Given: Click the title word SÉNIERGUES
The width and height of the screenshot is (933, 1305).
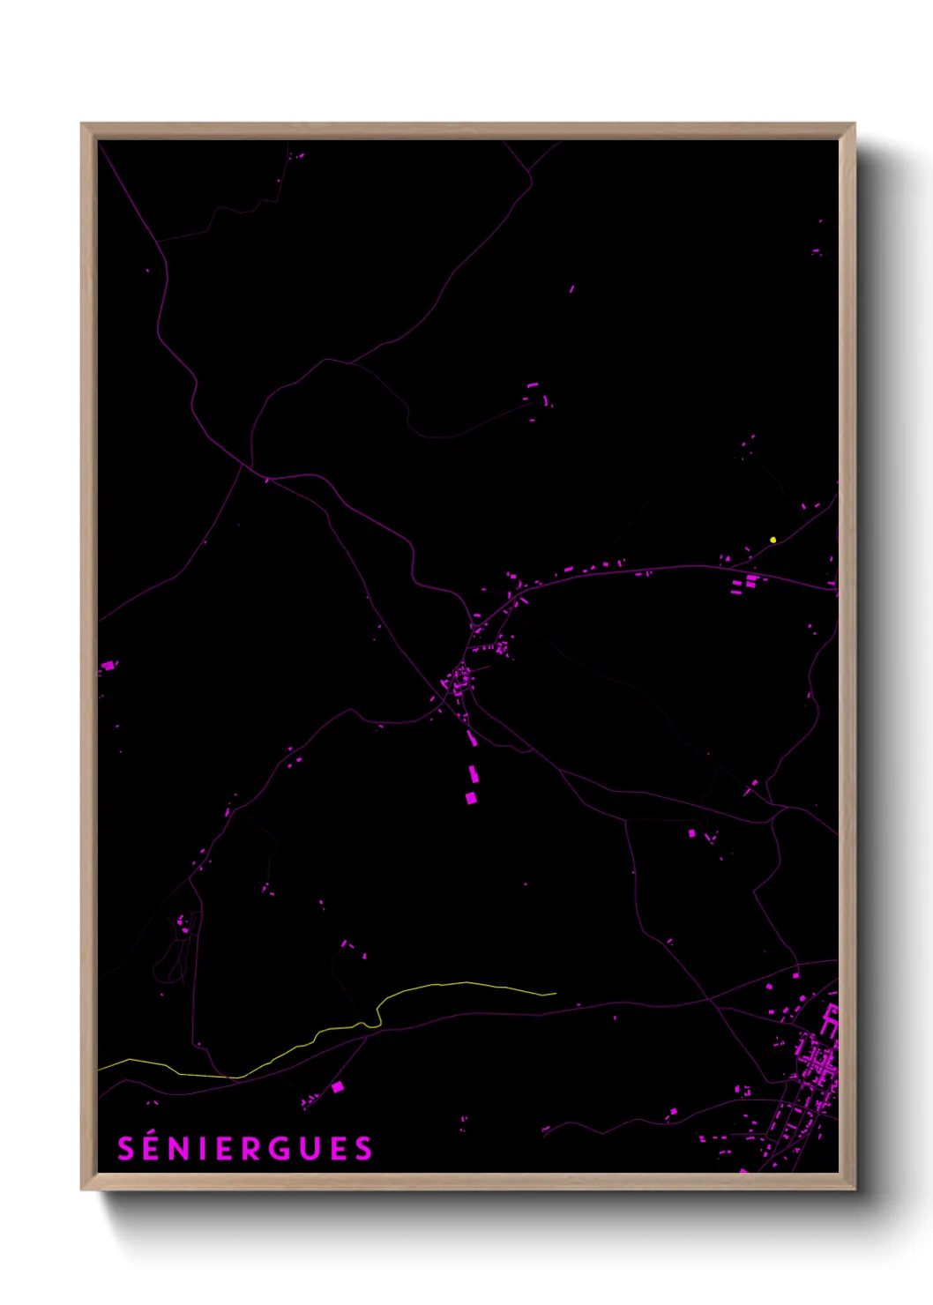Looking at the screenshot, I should (x=245, y=1149).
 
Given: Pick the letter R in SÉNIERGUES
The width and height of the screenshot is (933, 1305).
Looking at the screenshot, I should (x=278, y=1150).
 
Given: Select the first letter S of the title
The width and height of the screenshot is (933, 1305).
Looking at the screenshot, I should (x=125, y=1150).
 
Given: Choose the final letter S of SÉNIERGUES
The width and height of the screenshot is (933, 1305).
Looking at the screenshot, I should (x=363, y=1150).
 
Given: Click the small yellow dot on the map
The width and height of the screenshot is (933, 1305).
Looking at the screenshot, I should (x=773, y=540).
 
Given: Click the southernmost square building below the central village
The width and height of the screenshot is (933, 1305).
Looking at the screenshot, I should (x=471, y=798).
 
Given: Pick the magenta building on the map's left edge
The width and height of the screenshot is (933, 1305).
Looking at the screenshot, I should (x=108, y=666).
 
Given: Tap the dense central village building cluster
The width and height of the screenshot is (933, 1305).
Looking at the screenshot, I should (x=459, y=681).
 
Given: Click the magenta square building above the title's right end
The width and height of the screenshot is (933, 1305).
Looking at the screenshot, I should (x=337, y=1087).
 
